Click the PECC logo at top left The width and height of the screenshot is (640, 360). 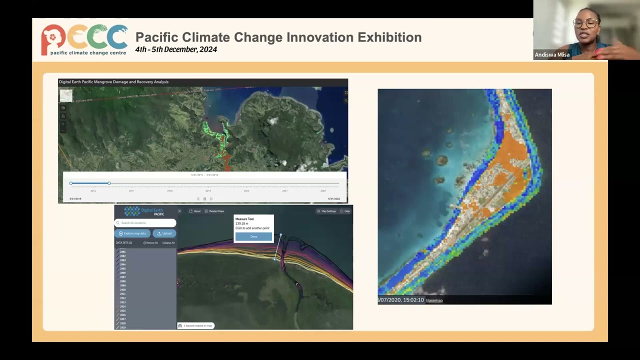coord(84,39)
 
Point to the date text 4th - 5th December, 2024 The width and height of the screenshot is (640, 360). coord(176,49)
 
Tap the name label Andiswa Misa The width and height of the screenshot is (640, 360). coord(552,55)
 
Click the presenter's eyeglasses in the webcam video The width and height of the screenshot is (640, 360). coord(585,23)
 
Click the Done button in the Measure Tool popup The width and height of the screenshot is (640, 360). coord(253,236)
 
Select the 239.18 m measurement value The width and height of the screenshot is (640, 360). coord(241,223)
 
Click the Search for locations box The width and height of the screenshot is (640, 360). coord(145,222)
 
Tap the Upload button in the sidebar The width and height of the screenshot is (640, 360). coord(164,233)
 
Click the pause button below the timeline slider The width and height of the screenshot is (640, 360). coord(204,199)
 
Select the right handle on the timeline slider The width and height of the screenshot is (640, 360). coord(109,183)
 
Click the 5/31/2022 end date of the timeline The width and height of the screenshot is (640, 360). coord(333,199)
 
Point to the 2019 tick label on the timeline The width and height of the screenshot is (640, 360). coord(208,191)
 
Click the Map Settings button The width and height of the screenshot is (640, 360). coord(326,211)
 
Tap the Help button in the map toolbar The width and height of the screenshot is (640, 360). coord(345,211)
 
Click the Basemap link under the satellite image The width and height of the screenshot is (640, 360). coord(434,300)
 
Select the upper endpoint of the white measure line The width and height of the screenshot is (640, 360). coord(280,234)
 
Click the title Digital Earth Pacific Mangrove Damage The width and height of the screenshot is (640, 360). coord(113,82)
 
